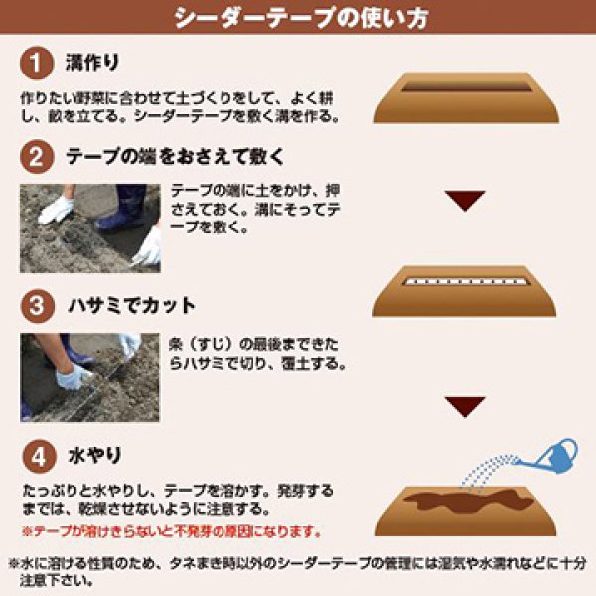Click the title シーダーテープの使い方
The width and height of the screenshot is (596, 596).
[x=297, y=18]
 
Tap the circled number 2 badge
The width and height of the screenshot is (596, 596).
[x=36, y=157]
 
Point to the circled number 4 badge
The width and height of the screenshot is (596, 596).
[x=36, y=457]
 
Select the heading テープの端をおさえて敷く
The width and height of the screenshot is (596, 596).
[x=175, y=157]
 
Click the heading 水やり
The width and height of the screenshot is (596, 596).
[x=94, y=457]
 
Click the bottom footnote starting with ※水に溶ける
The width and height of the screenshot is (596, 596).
[x=297, y=570]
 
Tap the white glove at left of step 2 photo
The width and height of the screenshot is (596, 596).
[x=55, y=209]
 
